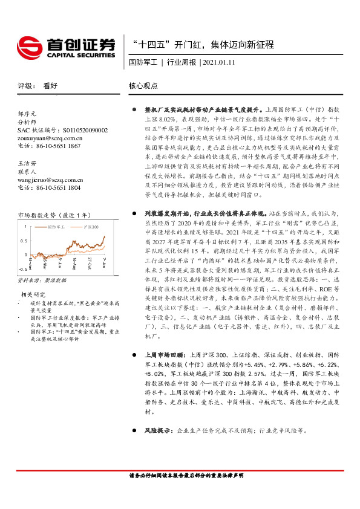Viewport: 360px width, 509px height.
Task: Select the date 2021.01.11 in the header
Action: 219,62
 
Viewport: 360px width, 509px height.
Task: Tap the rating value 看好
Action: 50,86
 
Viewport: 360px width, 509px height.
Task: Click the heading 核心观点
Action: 144,86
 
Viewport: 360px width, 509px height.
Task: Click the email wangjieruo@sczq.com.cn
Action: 51,180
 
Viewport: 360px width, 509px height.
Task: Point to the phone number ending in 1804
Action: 49,188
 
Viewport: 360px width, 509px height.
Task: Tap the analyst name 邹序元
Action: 27,114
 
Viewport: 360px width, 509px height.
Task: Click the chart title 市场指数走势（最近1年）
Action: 54,215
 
